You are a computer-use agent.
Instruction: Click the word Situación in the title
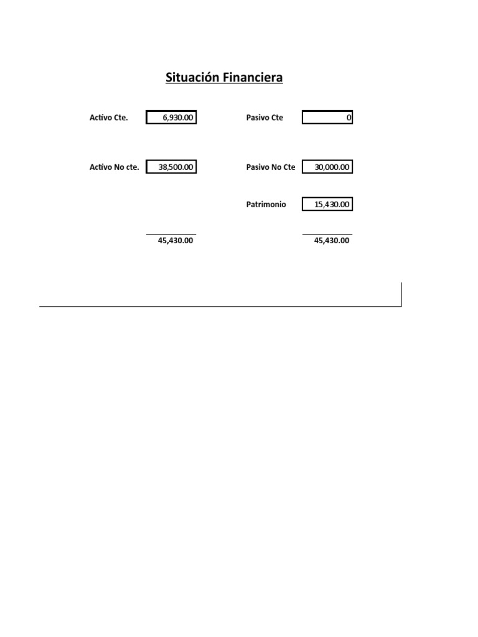[192, 78]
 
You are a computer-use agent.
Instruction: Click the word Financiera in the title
[253, 78]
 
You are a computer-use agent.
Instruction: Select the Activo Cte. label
[109, 118]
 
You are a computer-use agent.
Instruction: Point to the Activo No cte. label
[115, 167]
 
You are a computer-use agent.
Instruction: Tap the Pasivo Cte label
[265, 118]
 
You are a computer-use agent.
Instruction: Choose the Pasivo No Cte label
[271, 167]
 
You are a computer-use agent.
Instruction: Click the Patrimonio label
[266, 204]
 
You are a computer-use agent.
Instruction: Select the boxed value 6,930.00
[171, 118]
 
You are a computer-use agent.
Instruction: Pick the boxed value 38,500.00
[171, 167]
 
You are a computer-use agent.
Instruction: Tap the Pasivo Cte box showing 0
[327, 118]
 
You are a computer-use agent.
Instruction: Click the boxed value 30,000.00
[327, 167]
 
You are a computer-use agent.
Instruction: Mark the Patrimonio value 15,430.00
[327, 204]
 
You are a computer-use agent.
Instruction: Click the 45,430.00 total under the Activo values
[176, 241]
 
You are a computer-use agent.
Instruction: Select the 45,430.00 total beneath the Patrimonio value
[332, 241]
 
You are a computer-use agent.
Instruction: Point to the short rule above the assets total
[171, 235]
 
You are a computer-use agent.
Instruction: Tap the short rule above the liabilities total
[327, 235]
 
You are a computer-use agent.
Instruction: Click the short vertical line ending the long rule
[401, 294]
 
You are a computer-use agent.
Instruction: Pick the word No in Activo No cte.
[119, 167]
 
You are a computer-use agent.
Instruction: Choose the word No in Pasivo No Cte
[276, 167]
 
